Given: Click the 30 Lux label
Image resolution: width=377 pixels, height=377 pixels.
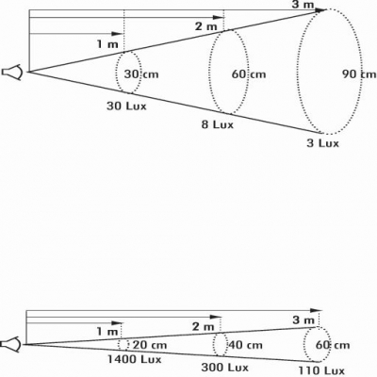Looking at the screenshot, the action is (x=126, y=107).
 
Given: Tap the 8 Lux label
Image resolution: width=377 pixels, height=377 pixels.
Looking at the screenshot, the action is (x=218, y=124).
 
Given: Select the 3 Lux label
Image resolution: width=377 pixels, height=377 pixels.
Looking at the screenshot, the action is (x=323, y=143).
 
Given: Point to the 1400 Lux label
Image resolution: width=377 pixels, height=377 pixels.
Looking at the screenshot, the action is (x=135, y=359).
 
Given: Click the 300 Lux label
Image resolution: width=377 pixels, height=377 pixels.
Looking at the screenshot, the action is (x=224, y=367).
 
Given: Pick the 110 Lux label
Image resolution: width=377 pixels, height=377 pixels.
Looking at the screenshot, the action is (x=321, y=370).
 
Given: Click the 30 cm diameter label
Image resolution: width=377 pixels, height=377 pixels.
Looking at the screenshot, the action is (x=141, y=74).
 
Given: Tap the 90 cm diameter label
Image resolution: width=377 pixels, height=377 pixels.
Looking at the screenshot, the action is (x=359, y=74).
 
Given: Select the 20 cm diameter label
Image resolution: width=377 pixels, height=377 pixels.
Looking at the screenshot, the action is (x=150, y=345).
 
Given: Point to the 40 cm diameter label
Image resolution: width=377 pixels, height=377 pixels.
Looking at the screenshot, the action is (x=245, y=345).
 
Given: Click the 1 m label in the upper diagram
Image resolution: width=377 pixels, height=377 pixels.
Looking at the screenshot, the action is (x=107, y=44).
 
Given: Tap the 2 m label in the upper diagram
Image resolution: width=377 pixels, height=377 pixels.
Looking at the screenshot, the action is (x=206, y=26).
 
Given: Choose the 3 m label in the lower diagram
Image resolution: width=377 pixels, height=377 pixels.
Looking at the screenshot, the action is (x=303, y=320).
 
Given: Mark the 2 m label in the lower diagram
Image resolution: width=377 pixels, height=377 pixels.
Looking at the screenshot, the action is (x=204, y=327).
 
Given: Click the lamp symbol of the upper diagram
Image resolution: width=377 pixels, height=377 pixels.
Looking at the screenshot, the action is (x=12, y=73).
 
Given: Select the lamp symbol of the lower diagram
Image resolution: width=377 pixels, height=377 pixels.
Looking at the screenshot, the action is (x=10, y=344).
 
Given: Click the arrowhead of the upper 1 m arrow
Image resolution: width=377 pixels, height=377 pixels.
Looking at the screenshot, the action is (x=117, y=34).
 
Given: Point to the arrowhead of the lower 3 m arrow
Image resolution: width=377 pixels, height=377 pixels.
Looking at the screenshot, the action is (x=316, y=310).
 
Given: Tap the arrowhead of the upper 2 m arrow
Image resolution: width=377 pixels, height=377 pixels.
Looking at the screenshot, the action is (x=219, y=18).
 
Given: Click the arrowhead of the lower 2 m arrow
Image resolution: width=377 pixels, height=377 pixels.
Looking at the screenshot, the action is (x=215, y=317).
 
